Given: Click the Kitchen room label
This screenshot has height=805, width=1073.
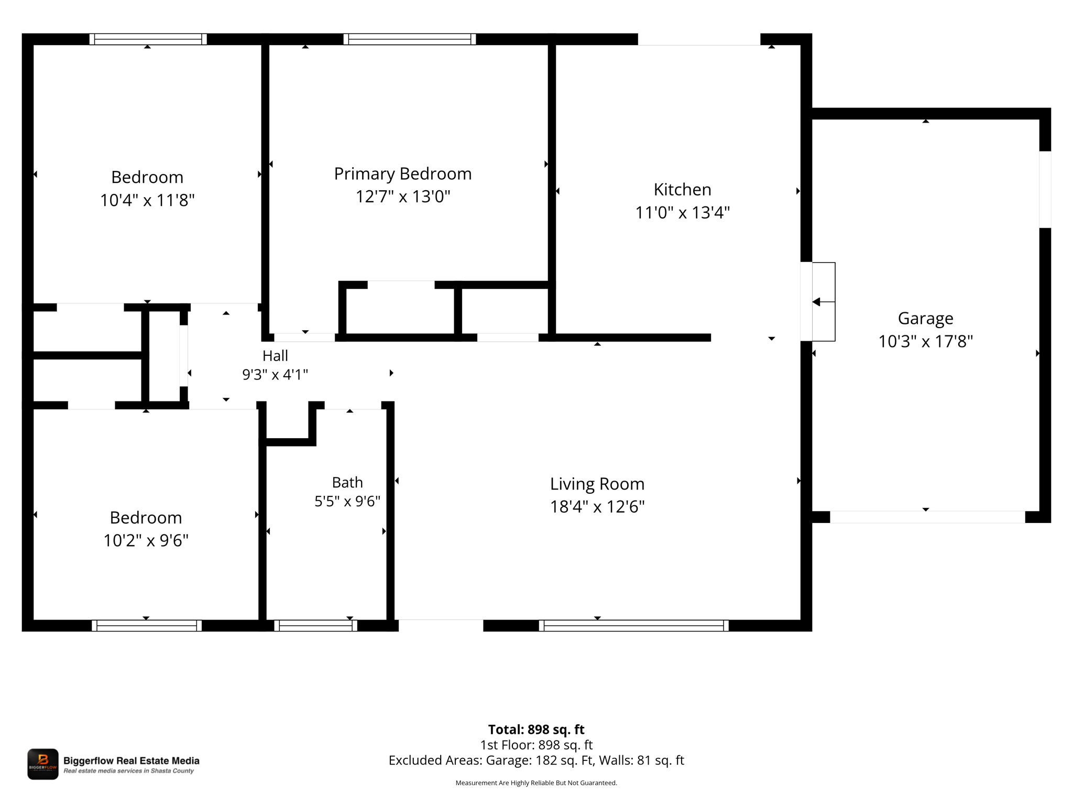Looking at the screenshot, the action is [x=682, y=189].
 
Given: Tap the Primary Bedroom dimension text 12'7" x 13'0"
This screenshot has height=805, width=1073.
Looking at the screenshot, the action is [x=403, y=197].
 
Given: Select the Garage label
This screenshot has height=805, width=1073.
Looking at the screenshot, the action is [x=925, y=319].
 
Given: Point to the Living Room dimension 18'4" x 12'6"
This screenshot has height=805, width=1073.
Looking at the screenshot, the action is [x=597, y=507].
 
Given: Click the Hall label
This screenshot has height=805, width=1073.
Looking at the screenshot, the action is [x=275, y=356].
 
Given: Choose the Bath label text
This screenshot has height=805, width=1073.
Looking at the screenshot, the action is [x=347, y=482].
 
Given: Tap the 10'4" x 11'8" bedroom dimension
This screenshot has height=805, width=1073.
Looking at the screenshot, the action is [x=147, y=200].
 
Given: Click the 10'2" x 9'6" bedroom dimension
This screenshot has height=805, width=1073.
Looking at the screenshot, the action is [x=146, y=540].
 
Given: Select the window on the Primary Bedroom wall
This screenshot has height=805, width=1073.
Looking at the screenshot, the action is [x=410, y=39].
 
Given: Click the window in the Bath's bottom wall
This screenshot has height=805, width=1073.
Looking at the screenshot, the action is [x=315, y=625].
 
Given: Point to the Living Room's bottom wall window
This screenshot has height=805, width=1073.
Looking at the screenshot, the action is [x=634, y=625].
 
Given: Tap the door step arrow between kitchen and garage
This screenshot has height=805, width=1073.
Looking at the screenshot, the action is [x=823, y=302].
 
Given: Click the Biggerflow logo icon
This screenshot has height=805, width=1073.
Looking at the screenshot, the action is [x=43, y=764].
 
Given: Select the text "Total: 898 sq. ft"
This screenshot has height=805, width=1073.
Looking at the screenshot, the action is [x=536, y=730].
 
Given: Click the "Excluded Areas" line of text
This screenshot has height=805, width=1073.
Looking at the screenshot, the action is [x=536, y=760].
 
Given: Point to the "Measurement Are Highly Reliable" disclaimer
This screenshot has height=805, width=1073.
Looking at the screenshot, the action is [x=536, y=783].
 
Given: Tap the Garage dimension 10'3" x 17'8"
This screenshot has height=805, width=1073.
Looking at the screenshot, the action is [x=925, y=342].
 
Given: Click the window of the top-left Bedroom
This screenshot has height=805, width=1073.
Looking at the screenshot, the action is [x=148, y=39].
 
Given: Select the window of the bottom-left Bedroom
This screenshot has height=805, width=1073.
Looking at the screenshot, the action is [x=147, y=625].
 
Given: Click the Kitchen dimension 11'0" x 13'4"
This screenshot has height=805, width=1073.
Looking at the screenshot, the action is [x=682, y=213].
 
